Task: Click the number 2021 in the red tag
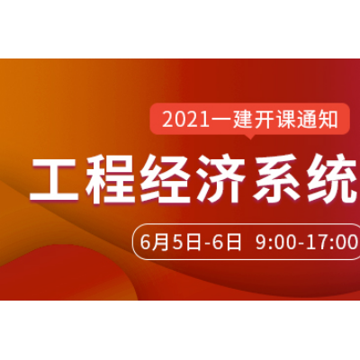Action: pos(185,121)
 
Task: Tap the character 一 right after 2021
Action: pos(220,121)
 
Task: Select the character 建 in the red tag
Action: pos(242,120)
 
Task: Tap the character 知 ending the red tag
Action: pos(328,120)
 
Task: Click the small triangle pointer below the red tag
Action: pos(250,137)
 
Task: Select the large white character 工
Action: pos(54,179)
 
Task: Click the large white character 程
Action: pos(110,179)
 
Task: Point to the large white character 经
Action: pos(165,179)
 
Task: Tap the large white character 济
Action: pos(220,179)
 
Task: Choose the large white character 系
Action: pos(276,179)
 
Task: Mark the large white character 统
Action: pos(332,179)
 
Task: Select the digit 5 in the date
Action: pos(177,242)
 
